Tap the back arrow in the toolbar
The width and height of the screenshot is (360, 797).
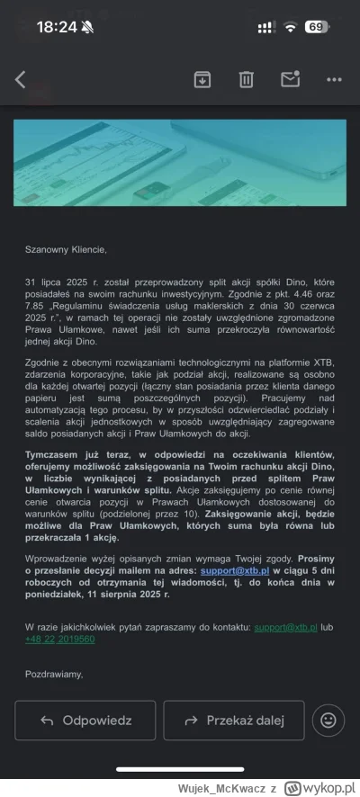coord(21,79)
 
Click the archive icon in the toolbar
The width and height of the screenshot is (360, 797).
coord(202,79)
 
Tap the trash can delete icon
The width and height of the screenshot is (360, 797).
coord(246,79)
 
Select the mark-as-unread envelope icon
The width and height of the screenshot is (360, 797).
coord(289,79)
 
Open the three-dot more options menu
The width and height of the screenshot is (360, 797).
coord(334,79)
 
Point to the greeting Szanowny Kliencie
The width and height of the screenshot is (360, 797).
coord(66,249)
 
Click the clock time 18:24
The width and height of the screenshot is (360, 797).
coord(57,27)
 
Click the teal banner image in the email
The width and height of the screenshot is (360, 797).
coord(180,163)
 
